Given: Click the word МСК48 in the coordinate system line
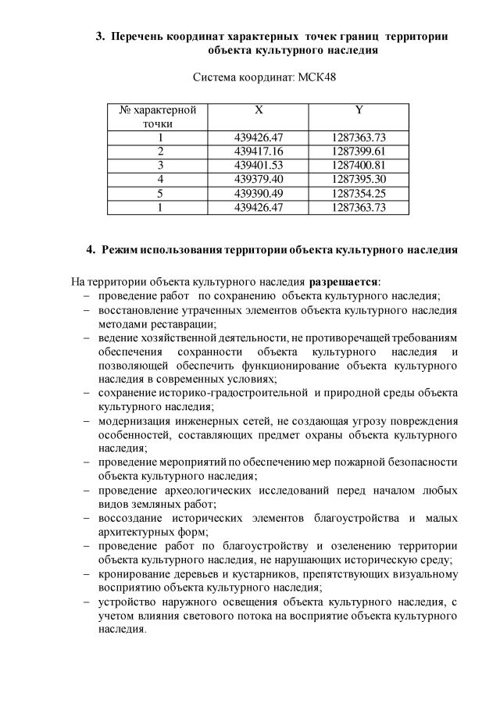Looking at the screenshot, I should pos(318,78).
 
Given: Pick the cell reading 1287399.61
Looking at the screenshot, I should pos(359,152).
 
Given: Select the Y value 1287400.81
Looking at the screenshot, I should pos(359,166).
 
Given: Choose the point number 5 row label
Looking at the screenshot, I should pos(159,193).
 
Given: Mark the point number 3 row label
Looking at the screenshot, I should pos(159,166).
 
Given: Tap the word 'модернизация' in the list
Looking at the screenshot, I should pos(133,422).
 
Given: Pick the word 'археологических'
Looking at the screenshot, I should pos(207,491).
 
